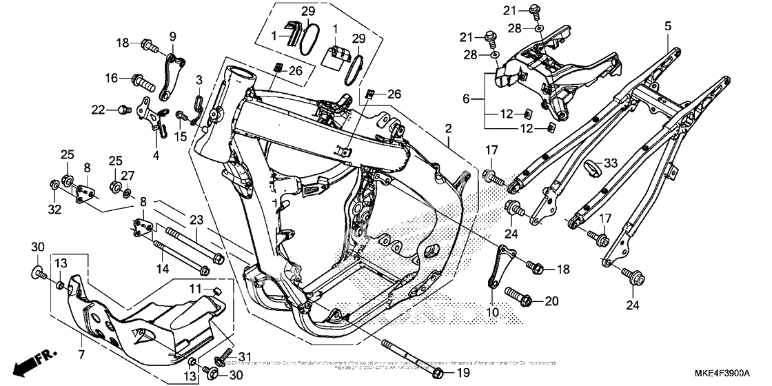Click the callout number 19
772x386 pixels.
pos(463,373)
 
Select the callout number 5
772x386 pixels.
pos(668,26)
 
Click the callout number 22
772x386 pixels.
pos(99,109)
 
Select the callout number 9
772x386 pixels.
pos(172,36)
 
